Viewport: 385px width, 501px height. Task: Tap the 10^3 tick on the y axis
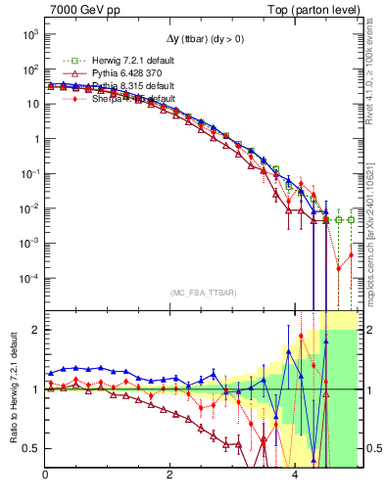point(29,34)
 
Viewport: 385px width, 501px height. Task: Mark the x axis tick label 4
point(296,478)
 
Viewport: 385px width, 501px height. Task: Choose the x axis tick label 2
point(170,478)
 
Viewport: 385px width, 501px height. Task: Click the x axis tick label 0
point(46,478)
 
